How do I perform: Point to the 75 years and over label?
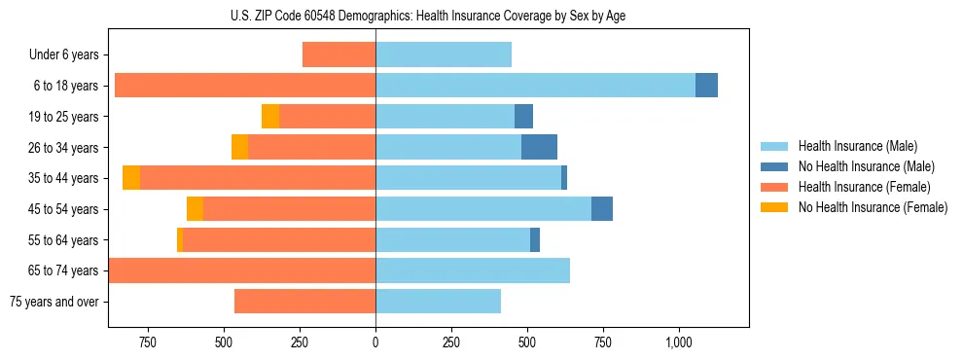53,302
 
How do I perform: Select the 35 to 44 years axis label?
63,178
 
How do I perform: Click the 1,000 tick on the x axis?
679,342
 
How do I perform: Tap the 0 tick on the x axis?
375,342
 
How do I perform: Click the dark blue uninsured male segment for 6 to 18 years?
706,86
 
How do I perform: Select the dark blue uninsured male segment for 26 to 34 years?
539,147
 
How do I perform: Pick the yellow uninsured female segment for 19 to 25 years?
270,116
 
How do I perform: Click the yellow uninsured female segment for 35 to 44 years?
131,178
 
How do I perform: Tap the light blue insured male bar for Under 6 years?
444,55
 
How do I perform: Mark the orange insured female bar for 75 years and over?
304,302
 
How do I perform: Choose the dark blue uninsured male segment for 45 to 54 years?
602,209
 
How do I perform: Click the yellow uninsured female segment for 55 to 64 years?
180,240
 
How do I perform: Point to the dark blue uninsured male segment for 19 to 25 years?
523,116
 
